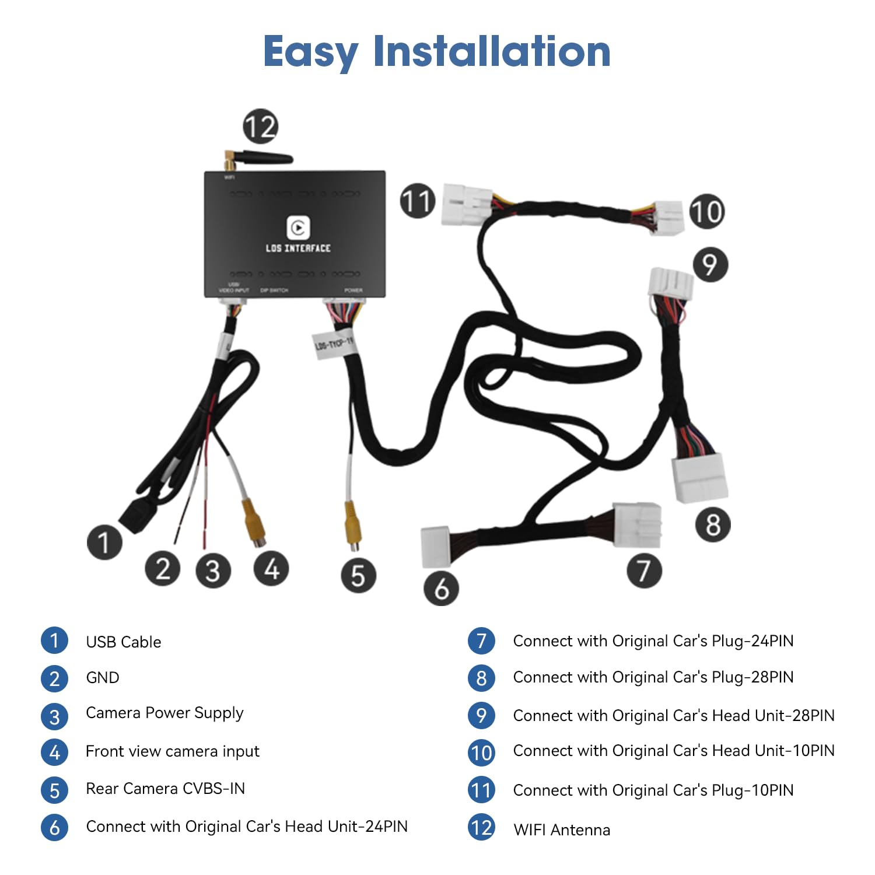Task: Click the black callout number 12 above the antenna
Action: [260, 127]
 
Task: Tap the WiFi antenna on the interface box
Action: [262, 158]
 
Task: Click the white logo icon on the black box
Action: [298, 227]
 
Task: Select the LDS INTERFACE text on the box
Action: [298, 249]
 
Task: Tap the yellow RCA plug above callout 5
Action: [353, 524]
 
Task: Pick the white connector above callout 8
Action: [701, 477]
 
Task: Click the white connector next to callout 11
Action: [465, 204]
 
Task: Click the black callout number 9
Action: [710, 265]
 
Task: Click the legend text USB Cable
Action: [124, 642]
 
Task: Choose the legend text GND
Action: [103, 678]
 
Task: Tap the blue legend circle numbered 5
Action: [54, 790]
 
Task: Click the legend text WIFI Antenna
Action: [562, 830]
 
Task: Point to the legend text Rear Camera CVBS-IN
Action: [165, 789]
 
